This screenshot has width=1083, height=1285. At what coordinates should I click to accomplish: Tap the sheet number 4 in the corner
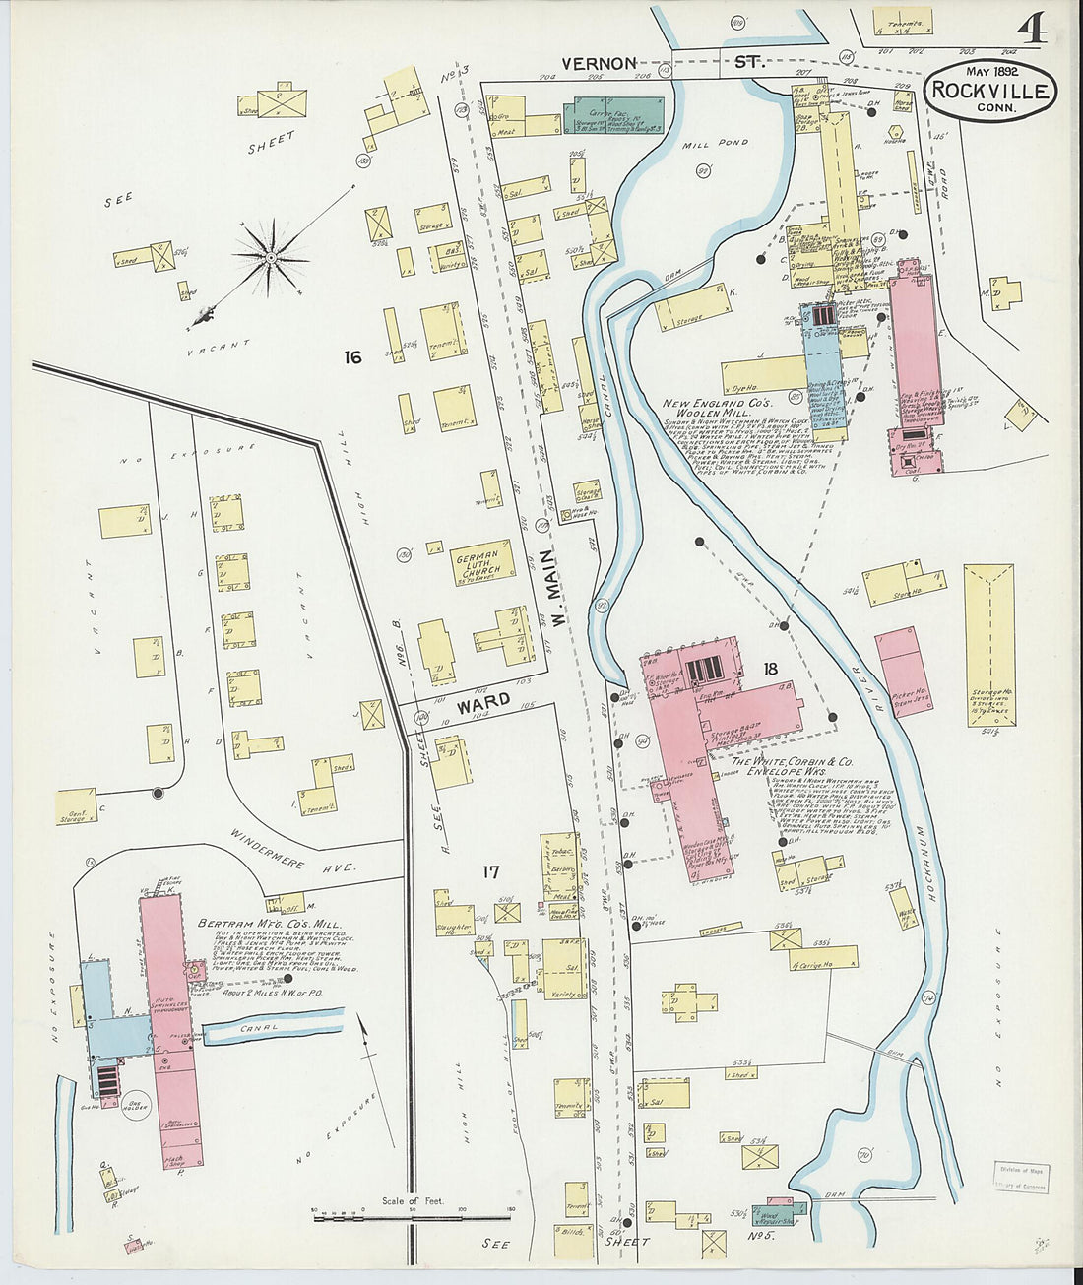click(1031, 31)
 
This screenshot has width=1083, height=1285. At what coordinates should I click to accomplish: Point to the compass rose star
click(270, 258)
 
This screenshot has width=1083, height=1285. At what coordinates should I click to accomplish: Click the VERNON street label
click(599, 63)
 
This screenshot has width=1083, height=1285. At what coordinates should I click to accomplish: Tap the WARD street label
click(483, 702)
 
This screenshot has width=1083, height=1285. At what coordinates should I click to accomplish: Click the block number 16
click(351, 357)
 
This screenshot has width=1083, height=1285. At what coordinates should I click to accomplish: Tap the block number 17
click(491, 870)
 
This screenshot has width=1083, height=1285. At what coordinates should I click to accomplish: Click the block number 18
click(770, 669)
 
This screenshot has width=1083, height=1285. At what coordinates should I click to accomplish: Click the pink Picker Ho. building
click(904, 671)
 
